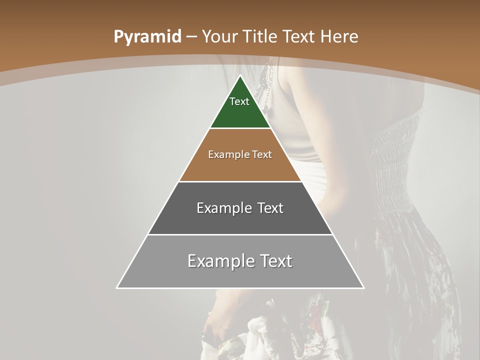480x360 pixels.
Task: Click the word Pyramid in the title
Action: click(x=147, y=37)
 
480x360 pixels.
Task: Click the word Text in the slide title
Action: click(x=299, y=37)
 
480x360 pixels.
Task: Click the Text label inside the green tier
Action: click(x=239, y=101)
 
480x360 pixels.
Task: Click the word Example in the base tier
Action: click(x=215, y=261)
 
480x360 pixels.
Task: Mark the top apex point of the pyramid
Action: click(x=240, y=76)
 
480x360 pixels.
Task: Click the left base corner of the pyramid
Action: click(x=117, y=287)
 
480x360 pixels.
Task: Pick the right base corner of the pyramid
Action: click(x=363, y=287)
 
